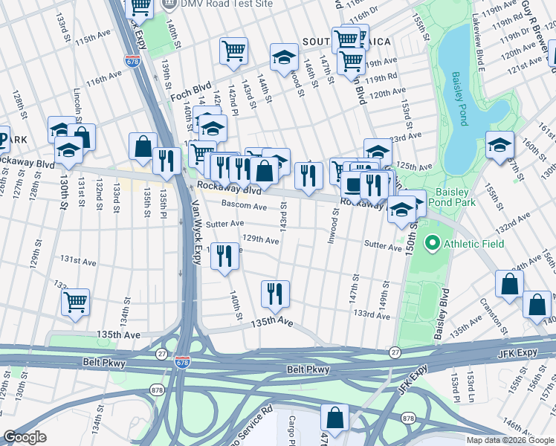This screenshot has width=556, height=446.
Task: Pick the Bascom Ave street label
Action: [245, 207]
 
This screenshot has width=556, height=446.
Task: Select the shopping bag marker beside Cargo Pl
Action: [335, 418]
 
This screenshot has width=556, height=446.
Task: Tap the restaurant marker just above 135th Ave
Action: [275, 294]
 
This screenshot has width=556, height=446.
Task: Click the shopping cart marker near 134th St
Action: [75, 303]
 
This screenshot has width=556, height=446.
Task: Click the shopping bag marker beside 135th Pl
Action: [142, 146]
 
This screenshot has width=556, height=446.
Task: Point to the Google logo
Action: [25, 436]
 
